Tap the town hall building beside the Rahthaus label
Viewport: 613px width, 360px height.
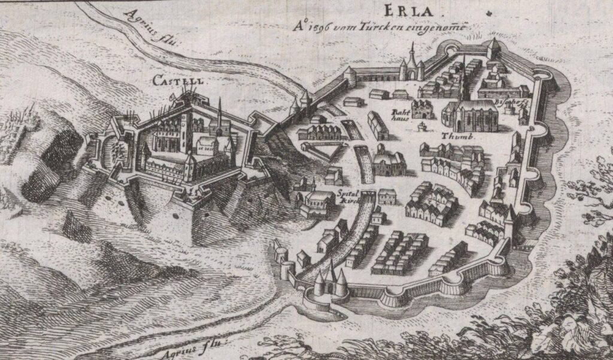point(427,108)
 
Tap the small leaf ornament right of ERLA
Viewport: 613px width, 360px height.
point(489,13)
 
